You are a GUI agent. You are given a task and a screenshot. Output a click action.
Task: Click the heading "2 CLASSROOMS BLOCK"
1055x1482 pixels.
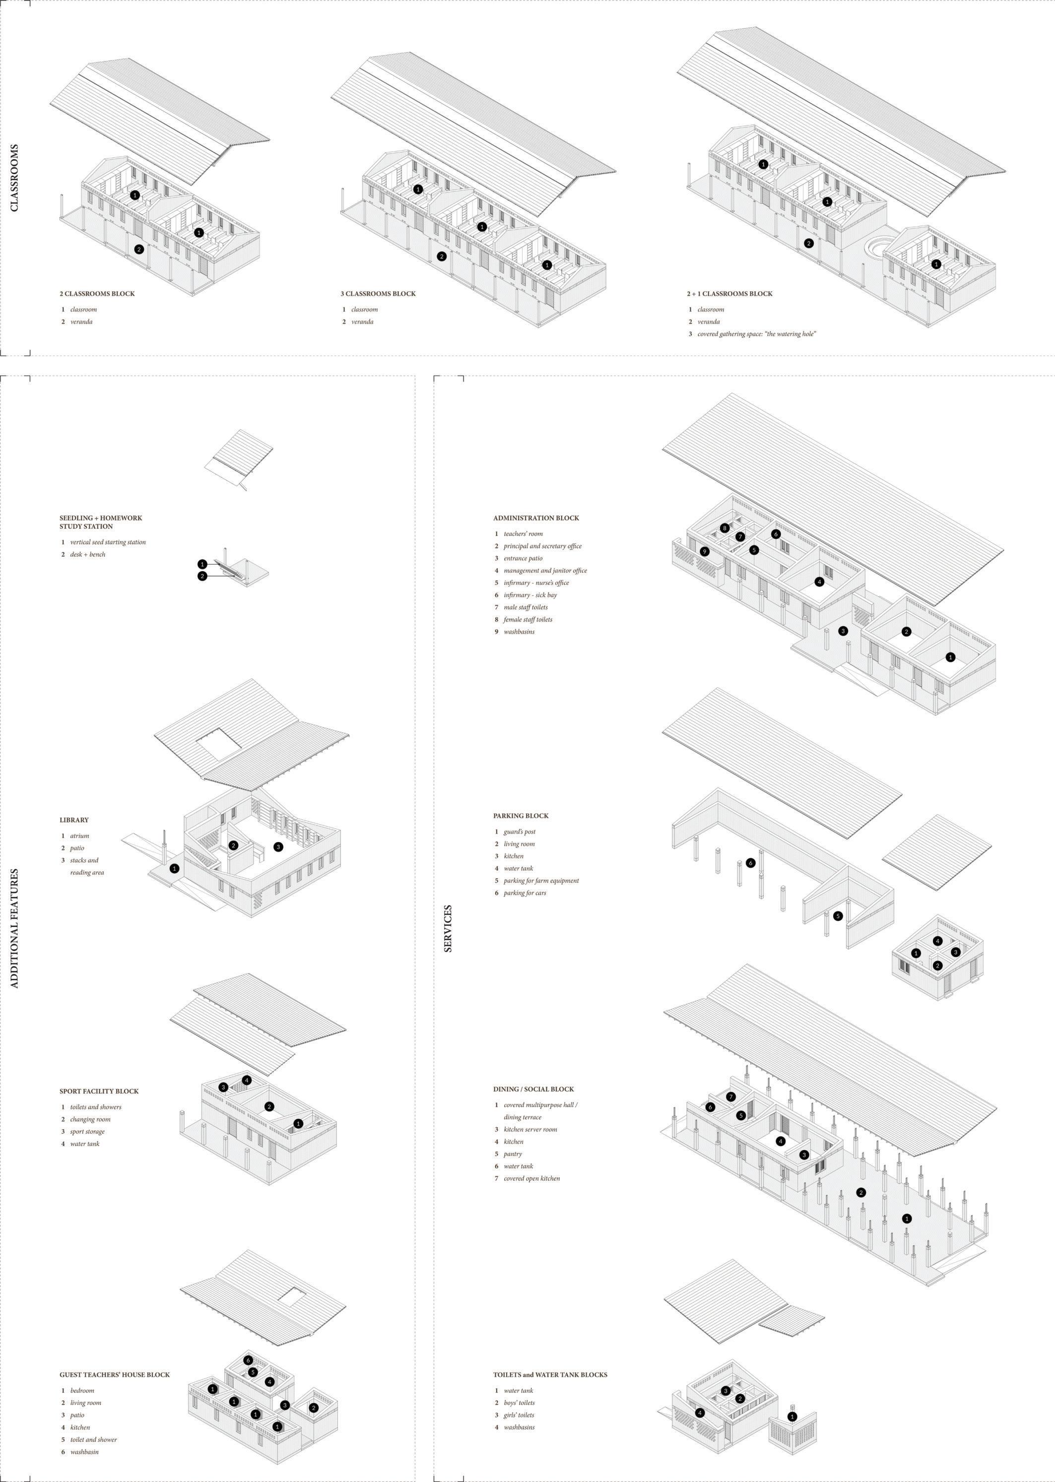click(97, 294)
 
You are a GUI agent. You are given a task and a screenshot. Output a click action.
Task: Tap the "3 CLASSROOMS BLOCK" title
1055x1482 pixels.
click(378, 294)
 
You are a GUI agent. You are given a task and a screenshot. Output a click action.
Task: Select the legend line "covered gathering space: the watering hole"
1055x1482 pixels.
click(756, 334)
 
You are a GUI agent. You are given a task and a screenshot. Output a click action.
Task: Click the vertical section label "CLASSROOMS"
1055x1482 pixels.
click(14, 177)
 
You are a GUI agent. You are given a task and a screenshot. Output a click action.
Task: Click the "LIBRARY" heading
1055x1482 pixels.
click(74, 820)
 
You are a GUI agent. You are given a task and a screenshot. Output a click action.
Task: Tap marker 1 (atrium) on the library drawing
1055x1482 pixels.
click(174, 868)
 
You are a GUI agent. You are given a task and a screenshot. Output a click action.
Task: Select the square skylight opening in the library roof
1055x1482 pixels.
click(218, 742)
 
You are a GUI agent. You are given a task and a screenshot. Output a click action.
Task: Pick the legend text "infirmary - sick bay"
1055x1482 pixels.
click(530, 595)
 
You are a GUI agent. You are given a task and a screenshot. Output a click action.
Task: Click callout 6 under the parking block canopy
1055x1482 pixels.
click(751, 863)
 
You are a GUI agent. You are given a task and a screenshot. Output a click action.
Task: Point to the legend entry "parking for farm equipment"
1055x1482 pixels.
click(541, 881)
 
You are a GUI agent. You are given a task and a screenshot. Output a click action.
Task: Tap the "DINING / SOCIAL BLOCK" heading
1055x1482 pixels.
click(533, 1089)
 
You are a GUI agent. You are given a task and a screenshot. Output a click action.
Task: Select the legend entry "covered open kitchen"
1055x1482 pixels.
click(531, 1178)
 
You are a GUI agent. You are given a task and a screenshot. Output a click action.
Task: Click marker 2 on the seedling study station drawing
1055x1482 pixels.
click(202, 576)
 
